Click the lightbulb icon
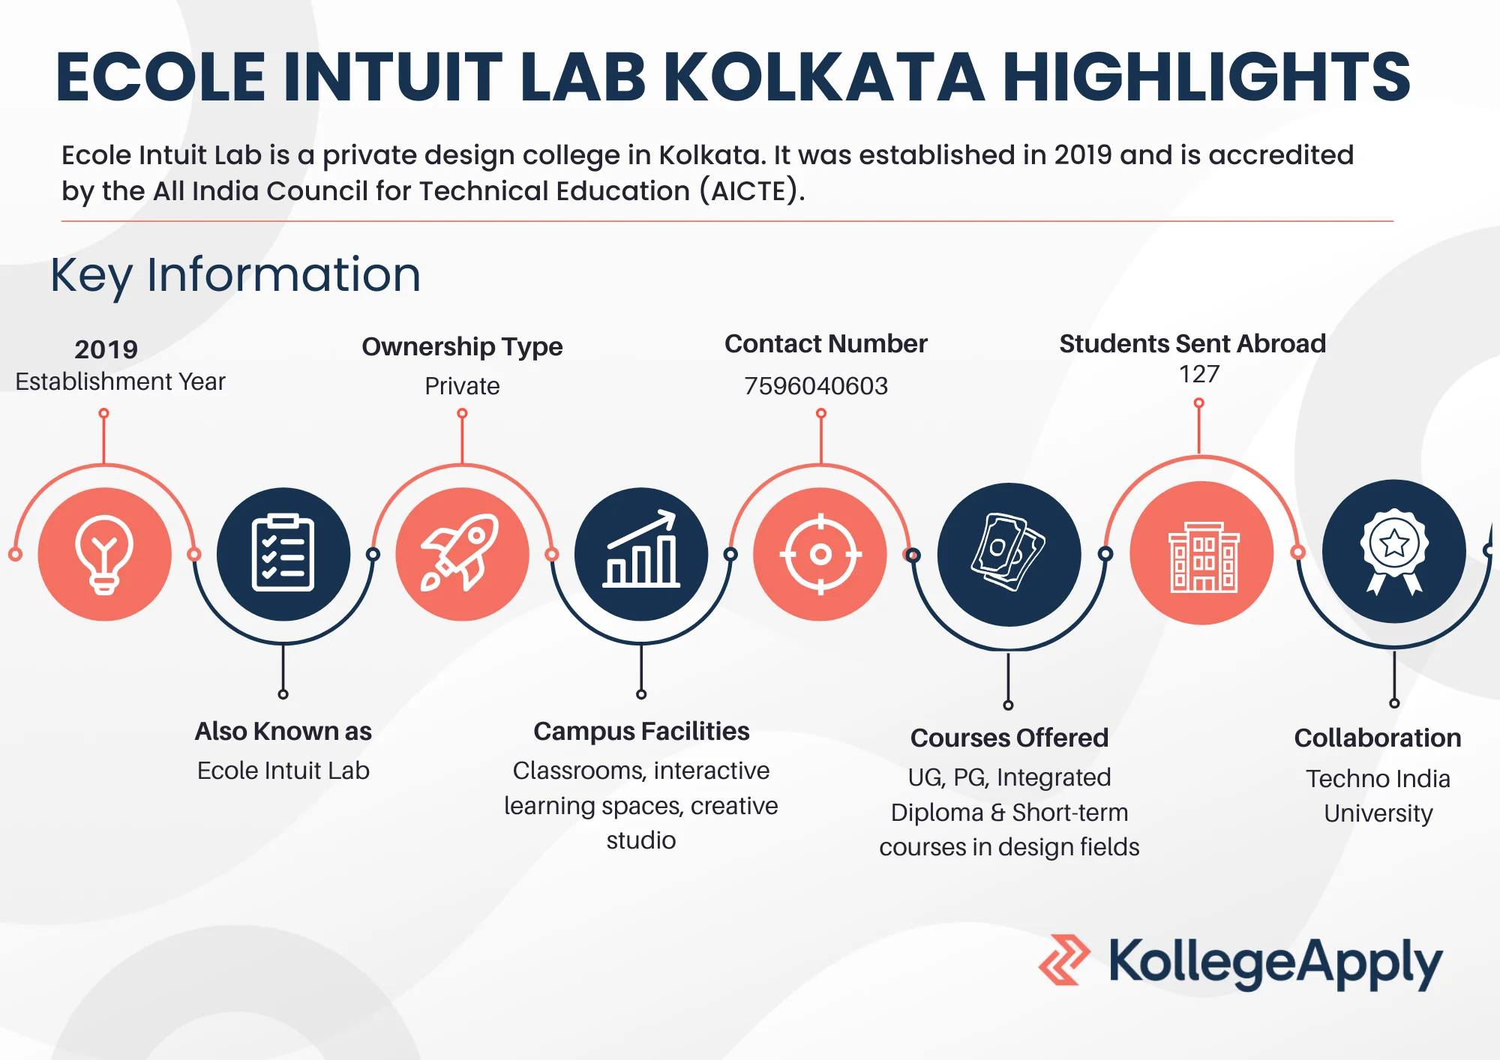click(x=104, y=555)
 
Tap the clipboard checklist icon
click(x=283, y=553)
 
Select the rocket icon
click(x=461, y=552)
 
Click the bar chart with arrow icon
click(x=642, y=549)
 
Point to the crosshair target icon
click(x=820, y=555)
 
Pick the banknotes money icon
click(x=1008, y=552)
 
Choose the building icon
click(x=1203, y=557)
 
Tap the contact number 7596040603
click(x=816, y=386)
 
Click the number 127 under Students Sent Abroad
click(x=1199, y=374)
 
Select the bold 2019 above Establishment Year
click(x=106, y=349)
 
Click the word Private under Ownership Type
click(x=462, y=386)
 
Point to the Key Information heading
click(x=235, y=276)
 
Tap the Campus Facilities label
click(x=641, y=731)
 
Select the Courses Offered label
click(x=1009, y=738)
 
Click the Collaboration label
click(x=1378, y=738)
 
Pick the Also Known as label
click(x=283, y=731)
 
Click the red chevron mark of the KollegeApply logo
click(x=1064, y=960)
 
